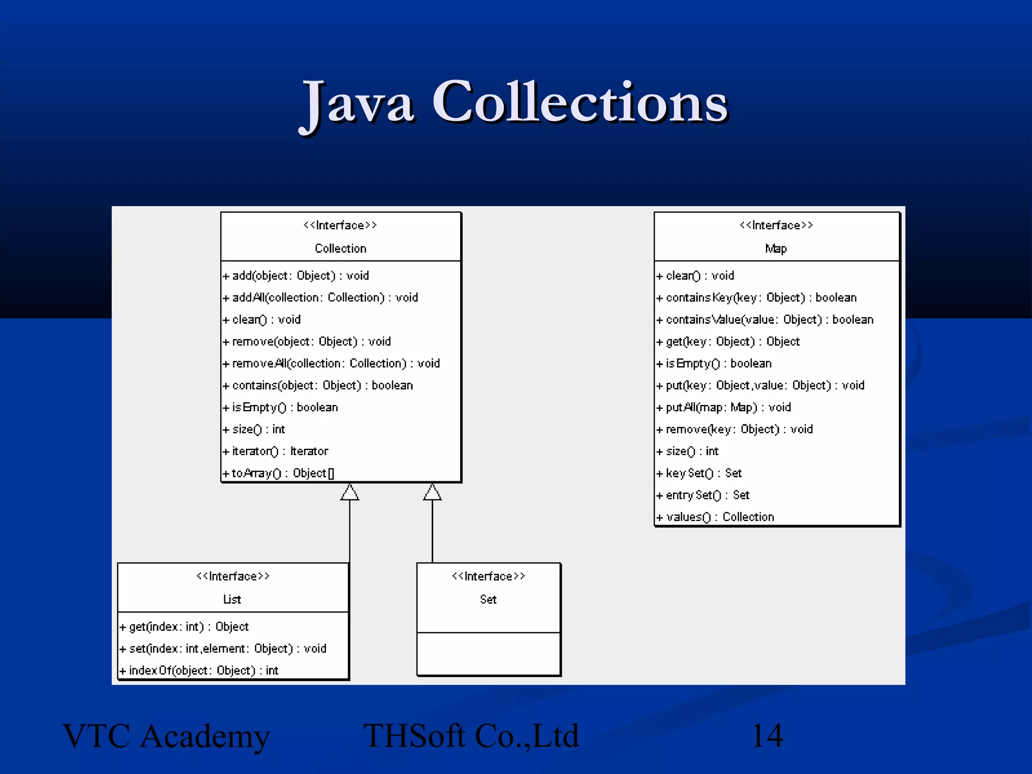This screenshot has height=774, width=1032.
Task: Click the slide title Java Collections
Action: coord(514,103)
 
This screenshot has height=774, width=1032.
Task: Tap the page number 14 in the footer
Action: coord(767,736)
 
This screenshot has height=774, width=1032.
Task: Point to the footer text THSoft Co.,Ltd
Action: coord(471,736)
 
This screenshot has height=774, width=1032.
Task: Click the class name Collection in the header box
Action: coord(341,248)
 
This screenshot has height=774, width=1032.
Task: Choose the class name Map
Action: coord(776,248)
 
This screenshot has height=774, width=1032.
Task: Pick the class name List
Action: coord(232,599)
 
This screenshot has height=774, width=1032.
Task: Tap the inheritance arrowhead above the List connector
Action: coord(350,492)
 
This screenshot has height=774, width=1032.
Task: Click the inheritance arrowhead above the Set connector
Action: coord(432,492)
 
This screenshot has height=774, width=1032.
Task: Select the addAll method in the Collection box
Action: coord(325,297)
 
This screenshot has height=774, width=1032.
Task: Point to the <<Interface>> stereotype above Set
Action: coord(488,576)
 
